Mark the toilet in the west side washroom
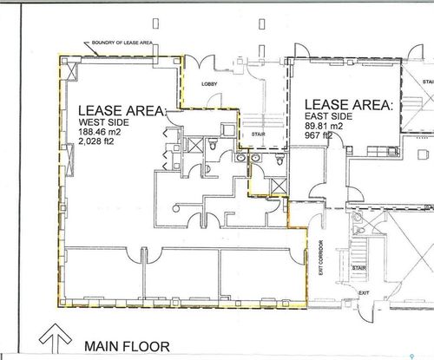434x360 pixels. [211, 148]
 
